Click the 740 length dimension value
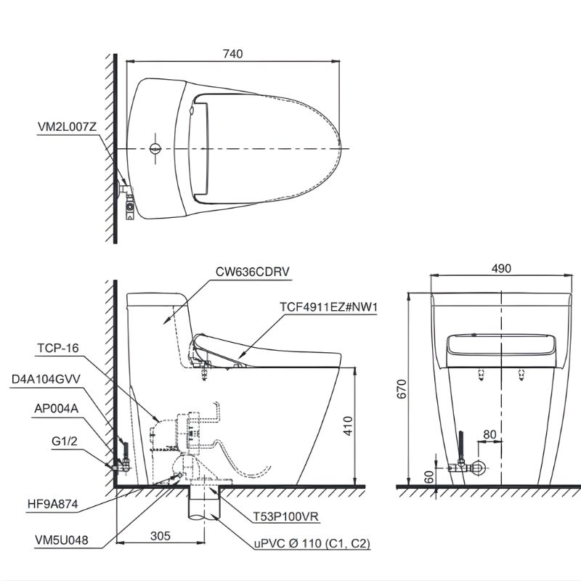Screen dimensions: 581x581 pyautogui.click(x=233, y=54)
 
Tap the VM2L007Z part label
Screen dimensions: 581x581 pyautogui.click(x=67, y=127)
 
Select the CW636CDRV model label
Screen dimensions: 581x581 pyautogui.click(x=252, y=272)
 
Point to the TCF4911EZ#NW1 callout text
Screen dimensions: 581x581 pyautogui.click(x=328, y=307)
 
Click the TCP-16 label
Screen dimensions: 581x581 pyautogui.click(x=58, y=349)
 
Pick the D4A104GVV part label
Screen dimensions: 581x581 pyautogui.click(x=46, y=379)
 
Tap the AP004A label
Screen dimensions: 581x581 pyautogui.click(x=57, y=409)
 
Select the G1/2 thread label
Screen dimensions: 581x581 pyautogui.click(x=65, y=442)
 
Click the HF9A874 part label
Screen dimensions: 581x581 pyautogui.click(x=53, y=504)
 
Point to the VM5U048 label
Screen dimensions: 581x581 pyautogui.click(x=62, y=540)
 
